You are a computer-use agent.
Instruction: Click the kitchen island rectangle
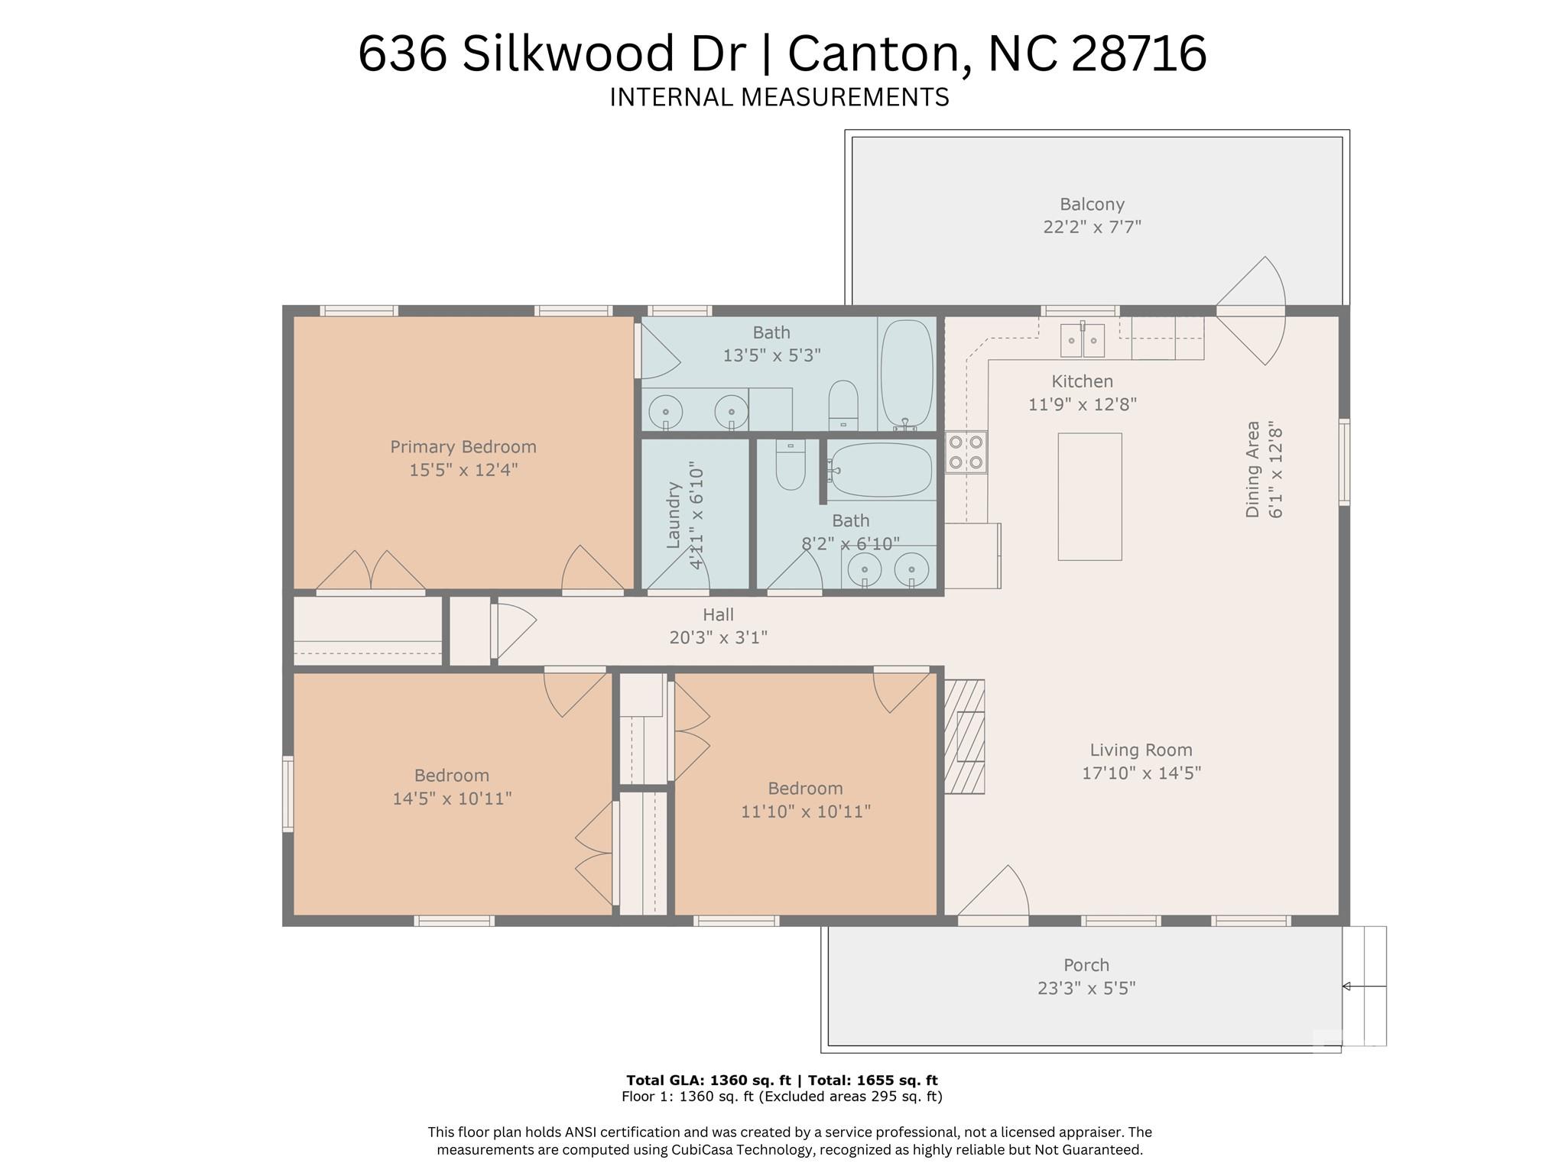pyautogui.click(x=1089, y=497)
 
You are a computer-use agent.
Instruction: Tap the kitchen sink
pyautogui.click(x=1083, y=340)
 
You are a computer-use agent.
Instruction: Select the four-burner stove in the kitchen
pyautogui.click(x=966, y=452)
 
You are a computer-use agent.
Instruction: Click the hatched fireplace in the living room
pyautogui.click(x=965, y=737)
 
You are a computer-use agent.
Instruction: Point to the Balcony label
pyautogui.click(x=1092, y=204)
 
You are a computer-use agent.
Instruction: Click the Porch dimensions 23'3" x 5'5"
pyautogui.click(x=1086, y=988)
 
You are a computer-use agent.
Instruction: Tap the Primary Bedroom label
pyautogui.click(x=463, y=447)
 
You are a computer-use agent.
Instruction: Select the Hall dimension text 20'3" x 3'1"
pyautogui.click(x=718, y=637)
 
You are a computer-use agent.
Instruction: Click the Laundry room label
pyautogui.click(x=674, y=514)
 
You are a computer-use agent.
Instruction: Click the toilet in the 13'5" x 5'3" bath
pyautogui.click(x=843, y=405)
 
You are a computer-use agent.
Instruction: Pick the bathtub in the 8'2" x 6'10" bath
pyautogui.click(x=881, y=470)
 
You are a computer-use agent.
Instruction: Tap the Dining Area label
pyautogui.click(x=1252, y=468)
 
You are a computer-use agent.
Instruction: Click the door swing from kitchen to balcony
pyautogui.click(x=1251, y=310)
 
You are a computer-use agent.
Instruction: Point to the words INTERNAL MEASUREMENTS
pyautogui.click(x=779, y=98)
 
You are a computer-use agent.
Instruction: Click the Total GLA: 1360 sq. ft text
pyautogui.click(x=708, y=1080)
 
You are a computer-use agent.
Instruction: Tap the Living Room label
pyautogui.click(x=1141, y=750)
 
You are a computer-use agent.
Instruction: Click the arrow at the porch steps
pyautogui.click(x=1364, y=987)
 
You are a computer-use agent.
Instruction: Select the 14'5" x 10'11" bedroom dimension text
pyautogui.click(x=452, y=799)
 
